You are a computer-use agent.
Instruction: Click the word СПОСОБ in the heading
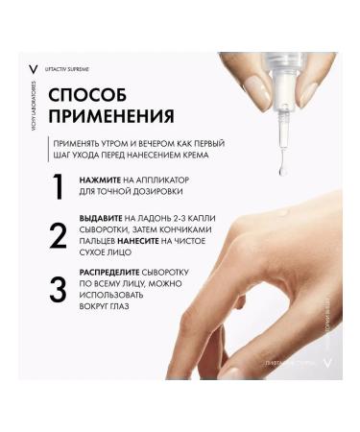pos(84,96)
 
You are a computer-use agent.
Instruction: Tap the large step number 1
pos(57,185)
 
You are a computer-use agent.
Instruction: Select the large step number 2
pos(58,236)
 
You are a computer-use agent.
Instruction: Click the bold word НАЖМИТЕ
pos(103,180)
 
